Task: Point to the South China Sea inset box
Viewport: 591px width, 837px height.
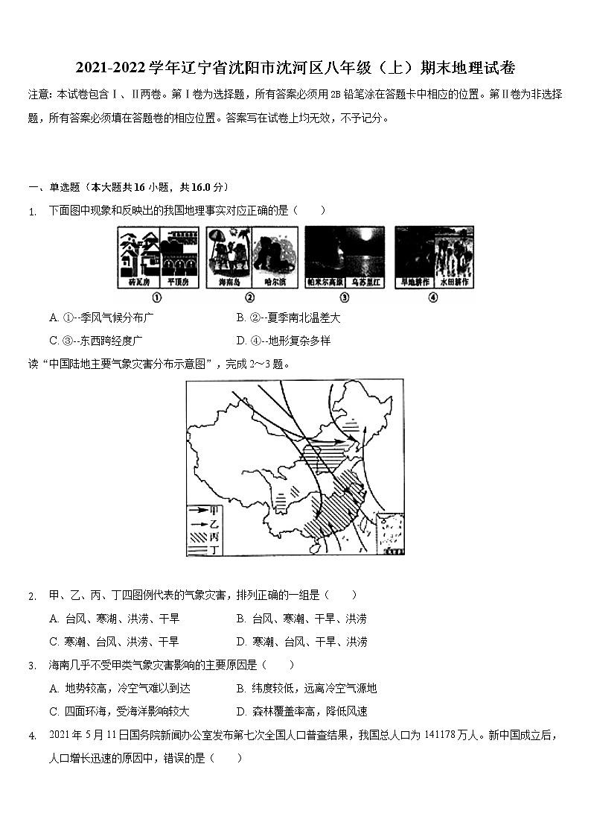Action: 389,534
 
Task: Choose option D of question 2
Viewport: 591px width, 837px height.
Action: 301,642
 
